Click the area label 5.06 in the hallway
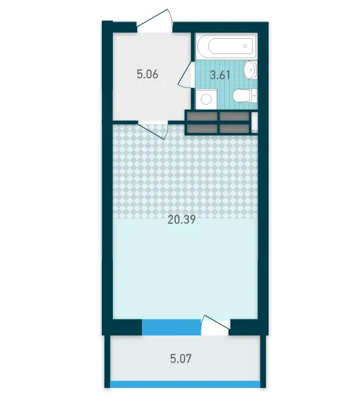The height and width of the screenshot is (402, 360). pyautogui.click(x=147, y=74)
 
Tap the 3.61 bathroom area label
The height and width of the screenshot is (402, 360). pyautogui.click(x=220, y=75)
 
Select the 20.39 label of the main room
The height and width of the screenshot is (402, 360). pyautogui.click(x=181, y=220)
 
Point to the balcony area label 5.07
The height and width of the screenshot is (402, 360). pyautogui.click(x=181, y=358)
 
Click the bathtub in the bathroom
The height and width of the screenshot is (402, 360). pyautogui.click(x=226, y=46)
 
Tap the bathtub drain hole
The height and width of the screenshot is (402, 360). pyautogui.click(x=245, y=46)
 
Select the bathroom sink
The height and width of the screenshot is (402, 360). pyautogui.click(x=250, y=69)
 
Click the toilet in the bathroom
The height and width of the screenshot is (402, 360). pyautogui.click(x=245, y=96)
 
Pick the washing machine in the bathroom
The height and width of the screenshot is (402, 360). pyautogui.click(x=206, y=98)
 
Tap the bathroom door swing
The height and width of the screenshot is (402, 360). pyautogui.click(x=186, y=75)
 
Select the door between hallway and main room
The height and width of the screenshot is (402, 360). pyautogui.click(x=154, y=130)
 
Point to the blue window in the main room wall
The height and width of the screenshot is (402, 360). pyautogui.click(x=171, y=327)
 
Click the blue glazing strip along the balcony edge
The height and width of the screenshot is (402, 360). pyautogui.click(x=185, y=384)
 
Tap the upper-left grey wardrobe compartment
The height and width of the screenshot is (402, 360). pyautogui.click(x=202, y=116)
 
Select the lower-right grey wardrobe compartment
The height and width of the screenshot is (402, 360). pyautogui.click(x=234, y=129)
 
